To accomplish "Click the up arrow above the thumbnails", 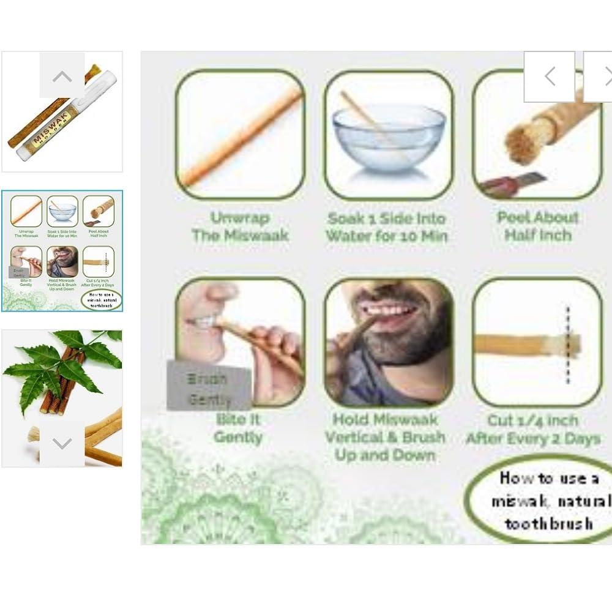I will click(x=62, y=75).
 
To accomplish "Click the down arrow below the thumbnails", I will click(x=62, y=443).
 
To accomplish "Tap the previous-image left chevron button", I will click(x=549, y=76).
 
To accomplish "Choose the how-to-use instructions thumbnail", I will click(x=62, y=250).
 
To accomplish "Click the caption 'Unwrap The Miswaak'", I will click(x=240, y=226).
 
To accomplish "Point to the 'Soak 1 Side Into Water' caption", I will click(x=387, y=227).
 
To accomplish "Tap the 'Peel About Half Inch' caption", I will click(x=538, y=226).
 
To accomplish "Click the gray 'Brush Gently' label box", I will click(x=209, y=386).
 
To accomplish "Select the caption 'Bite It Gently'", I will click(x=239, y=428).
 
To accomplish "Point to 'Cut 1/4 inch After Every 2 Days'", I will click(x=532, y=430).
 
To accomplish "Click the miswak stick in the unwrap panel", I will click(x=242, y=138).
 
